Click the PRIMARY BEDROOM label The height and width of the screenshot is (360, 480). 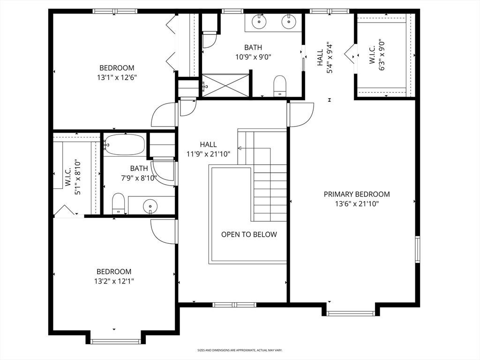(357, 194)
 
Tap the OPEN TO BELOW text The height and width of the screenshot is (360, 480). (249, 234)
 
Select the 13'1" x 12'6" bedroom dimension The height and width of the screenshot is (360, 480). (117, 77)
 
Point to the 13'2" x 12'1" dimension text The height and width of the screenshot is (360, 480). (114, 281)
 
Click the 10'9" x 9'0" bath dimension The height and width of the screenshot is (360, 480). (253, 57)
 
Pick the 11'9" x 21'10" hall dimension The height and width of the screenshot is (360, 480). (208, 154)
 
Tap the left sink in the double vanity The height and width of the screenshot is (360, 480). (259, 21)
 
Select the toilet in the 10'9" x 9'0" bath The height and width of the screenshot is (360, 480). (279, 85)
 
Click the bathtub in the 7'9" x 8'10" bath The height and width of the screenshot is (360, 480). (124, 144)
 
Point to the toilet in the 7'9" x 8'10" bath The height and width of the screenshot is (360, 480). (118, 203)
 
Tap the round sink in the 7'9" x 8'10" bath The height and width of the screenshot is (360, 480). (150, 205)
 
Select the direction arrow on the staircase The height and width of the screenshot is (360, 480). (254, 149)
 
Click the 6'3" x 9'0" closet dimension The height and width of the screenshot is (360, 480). (377, 55)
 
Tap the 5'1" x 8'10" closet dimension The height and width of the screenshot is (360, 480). (73, 177)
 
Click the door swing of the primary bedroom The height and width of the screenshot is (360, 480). (301, 114)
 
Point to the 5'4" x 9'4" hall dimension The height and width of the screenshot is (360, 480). (324, 58)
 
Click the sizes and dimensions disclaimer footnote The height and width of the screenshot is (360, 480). (240, 350)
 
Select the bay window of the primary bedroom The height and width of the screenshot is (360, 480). (351, 314)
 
